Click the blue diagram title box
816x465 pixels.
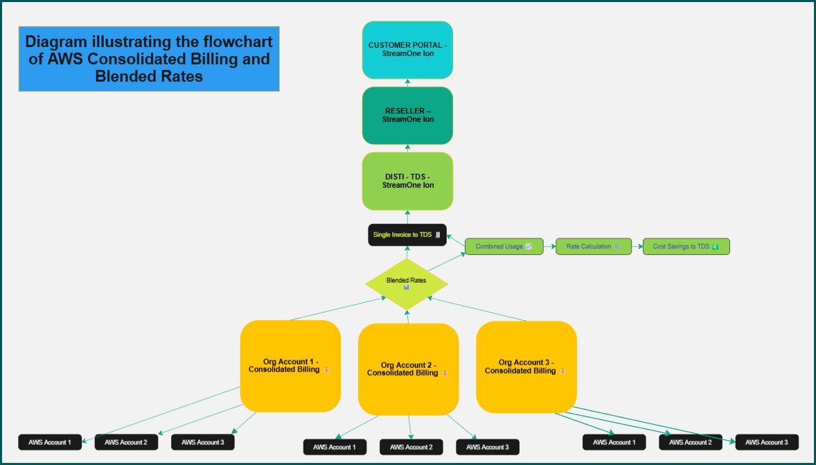coord(148,59)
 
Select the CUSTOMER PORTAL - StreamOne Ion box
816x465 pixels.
coord(407,50)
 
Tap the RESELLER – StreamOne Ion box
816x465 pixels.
coord(407,115)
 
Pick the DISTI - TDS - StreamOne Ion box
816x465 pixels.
coord(407,181)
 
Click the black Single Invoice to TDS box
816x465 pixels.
coord(407,235)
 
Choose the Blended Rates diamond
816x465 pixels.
coord(407,283)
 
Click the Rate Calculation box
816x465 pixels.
coord(594,247)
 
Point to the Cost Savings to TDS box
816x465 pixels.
coord(686,247)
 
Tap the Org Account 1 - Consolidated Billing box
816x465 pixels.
coord(290,366)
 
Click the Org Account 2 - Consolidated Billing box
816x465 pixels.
coord(408,369)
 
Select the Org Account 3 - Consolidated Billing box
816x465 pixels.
coord(526,367)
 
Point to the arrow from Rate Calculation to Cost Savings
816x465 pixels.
coord(637,247)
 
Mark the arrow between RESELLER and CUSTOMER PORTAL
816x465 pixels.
coord(407,82)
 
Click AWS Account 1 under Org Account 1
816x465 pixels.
coord(50,442)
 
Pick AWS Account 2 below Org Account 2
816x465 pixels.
coord(411,448)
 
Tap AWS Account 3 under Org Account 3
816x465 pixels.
coord(767,442)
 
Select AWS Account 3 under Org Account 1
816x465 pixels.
coord(202,442)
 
